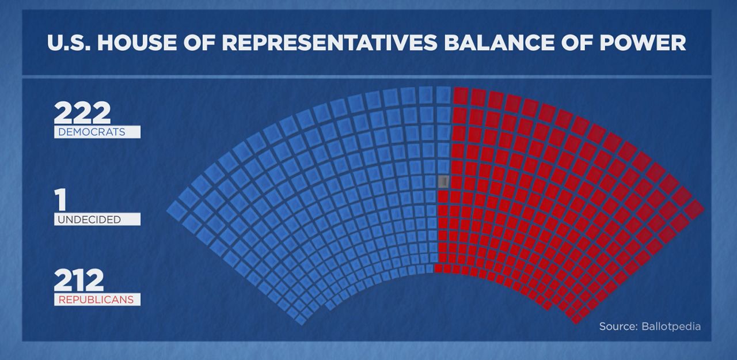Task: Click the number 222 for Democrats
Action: pyautogui.click(x=82, y=112)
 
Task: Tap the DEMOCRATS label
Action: pyautogui.click(x=92, y=132)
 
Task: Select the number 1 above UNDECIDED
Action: pyautogui.click(x=60, y=199)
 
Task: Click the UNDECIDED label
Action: pyautogui.click(x=89, y=219)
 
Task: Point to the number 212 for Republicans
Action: pyautogui.click(x=79, y=280)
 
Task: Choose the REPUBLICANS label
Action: pyautogui.click(x=96, y=300)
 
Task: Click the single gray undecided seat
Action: pyautogui.click(x=443, y=181)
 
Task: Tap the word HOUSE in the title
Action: pyautogui.click(x=137, y=43)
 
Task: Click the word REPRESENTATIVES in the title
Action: pyautogui.click(x=330, y=43)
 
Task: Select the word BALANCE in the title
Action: pyautogui.click(x=499, y=43)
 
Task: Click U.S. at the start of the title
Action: pyautogui.click(x=69, y=43)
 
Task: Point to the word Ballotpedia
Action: pyautogui.click(x=671, y=327)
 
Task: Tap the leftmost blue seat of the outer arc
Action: pyautogui.click(x=177, y=210)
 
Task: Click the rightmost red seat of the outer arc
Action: pyautogui.click(x=694, y=210)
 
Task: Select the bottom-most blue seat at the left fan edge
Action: pyautogui.click(x=301, y=319)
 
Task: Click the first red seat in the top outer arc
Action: pyautogui.click(x=461, y=94)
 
